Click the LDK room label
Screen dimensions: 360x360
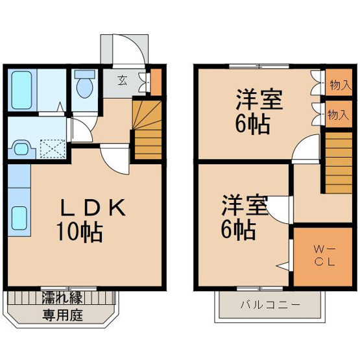pyautogui.click(x=92, y=208)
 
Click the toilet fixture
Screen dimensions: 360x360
pyautogui.click(x=85, y=84)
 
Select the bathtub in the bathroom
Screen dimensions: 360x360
pyautogui.click(x=21, y=90)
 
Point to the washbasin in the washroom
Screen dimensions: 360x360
pyautogui.click(x=22, y=149)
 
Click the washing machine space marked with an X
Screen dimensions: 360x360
pyautogui.click(x=53, y=149)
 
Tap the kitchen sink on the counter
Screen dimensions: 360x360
pyautogui.click(x=19, y=218)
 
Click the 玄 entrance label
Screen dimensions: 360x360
pyautogui.click(x=123, y=80)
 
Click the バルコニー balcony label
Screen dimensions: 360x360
pyautogui.click(x=270, y=305)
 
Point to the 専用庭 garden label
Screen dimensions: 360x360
pyautogui.click(x=62, y=315)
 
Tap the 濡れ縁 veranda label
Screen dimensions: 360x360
pyautogui.click(x=62, y=298)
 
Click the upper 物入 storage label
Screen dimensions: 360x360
pyautogui.click(x=341, y=86)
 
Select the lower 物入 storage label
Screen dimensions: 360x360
pyautogui.click(x=339, y=114)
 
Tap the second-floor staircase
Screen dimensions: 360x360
pyautogui.click(x=339, y=163)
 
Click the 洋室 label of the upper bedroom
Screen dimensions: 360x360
pyautogui.click(x=259, y=99)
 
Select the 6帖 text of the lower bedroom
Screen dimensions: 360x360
pyautogui.click(x=238, y=230)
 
